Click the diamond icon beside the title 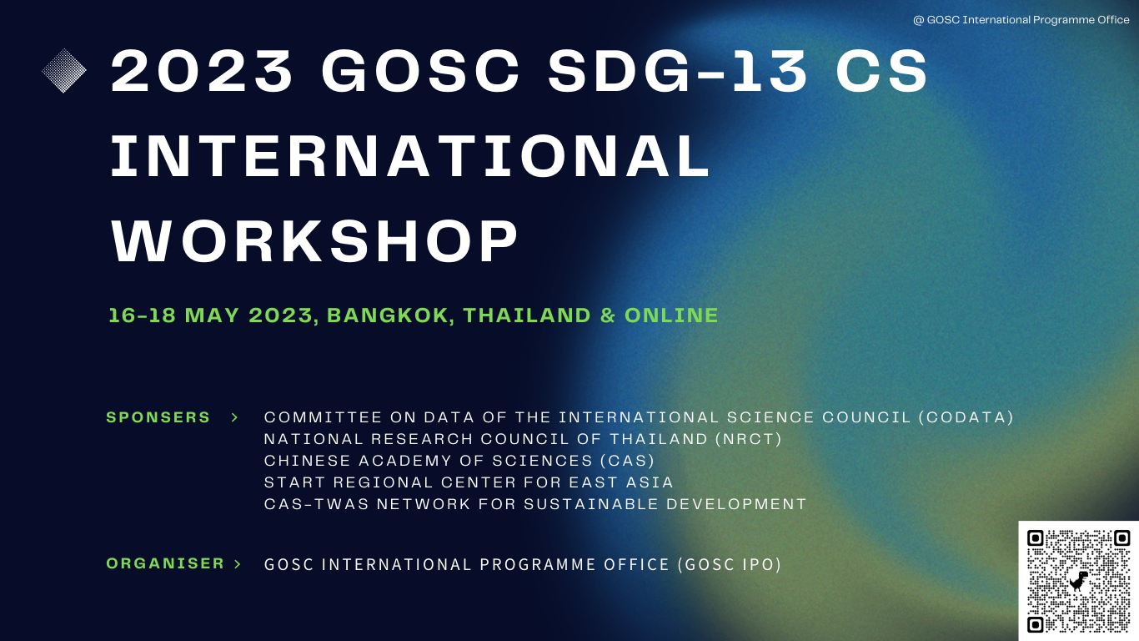[64, 71]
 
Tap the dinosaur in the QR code [1078, 580]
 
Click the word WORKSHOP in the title [314, 241]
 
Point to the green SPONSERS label [158, 417]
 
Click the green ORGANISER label [165, 563]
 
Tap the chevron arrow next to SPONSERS [235, 417]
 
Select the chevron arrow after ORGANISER [238, 564]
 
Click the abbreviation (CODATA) [966, 417]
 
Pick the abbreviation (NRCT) [749, 439]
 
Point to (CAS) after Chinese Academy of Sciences [628, 461]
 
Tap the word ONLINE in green [671, 315]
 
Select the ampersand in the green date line [608, 315]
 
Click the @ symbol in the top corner [918, 20]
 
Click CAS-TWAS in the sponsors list [316, 504]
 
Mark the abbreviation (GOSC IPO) [730, 564]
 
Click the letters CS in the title [881, 71]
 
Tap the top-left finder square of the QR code [1036, 538]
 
